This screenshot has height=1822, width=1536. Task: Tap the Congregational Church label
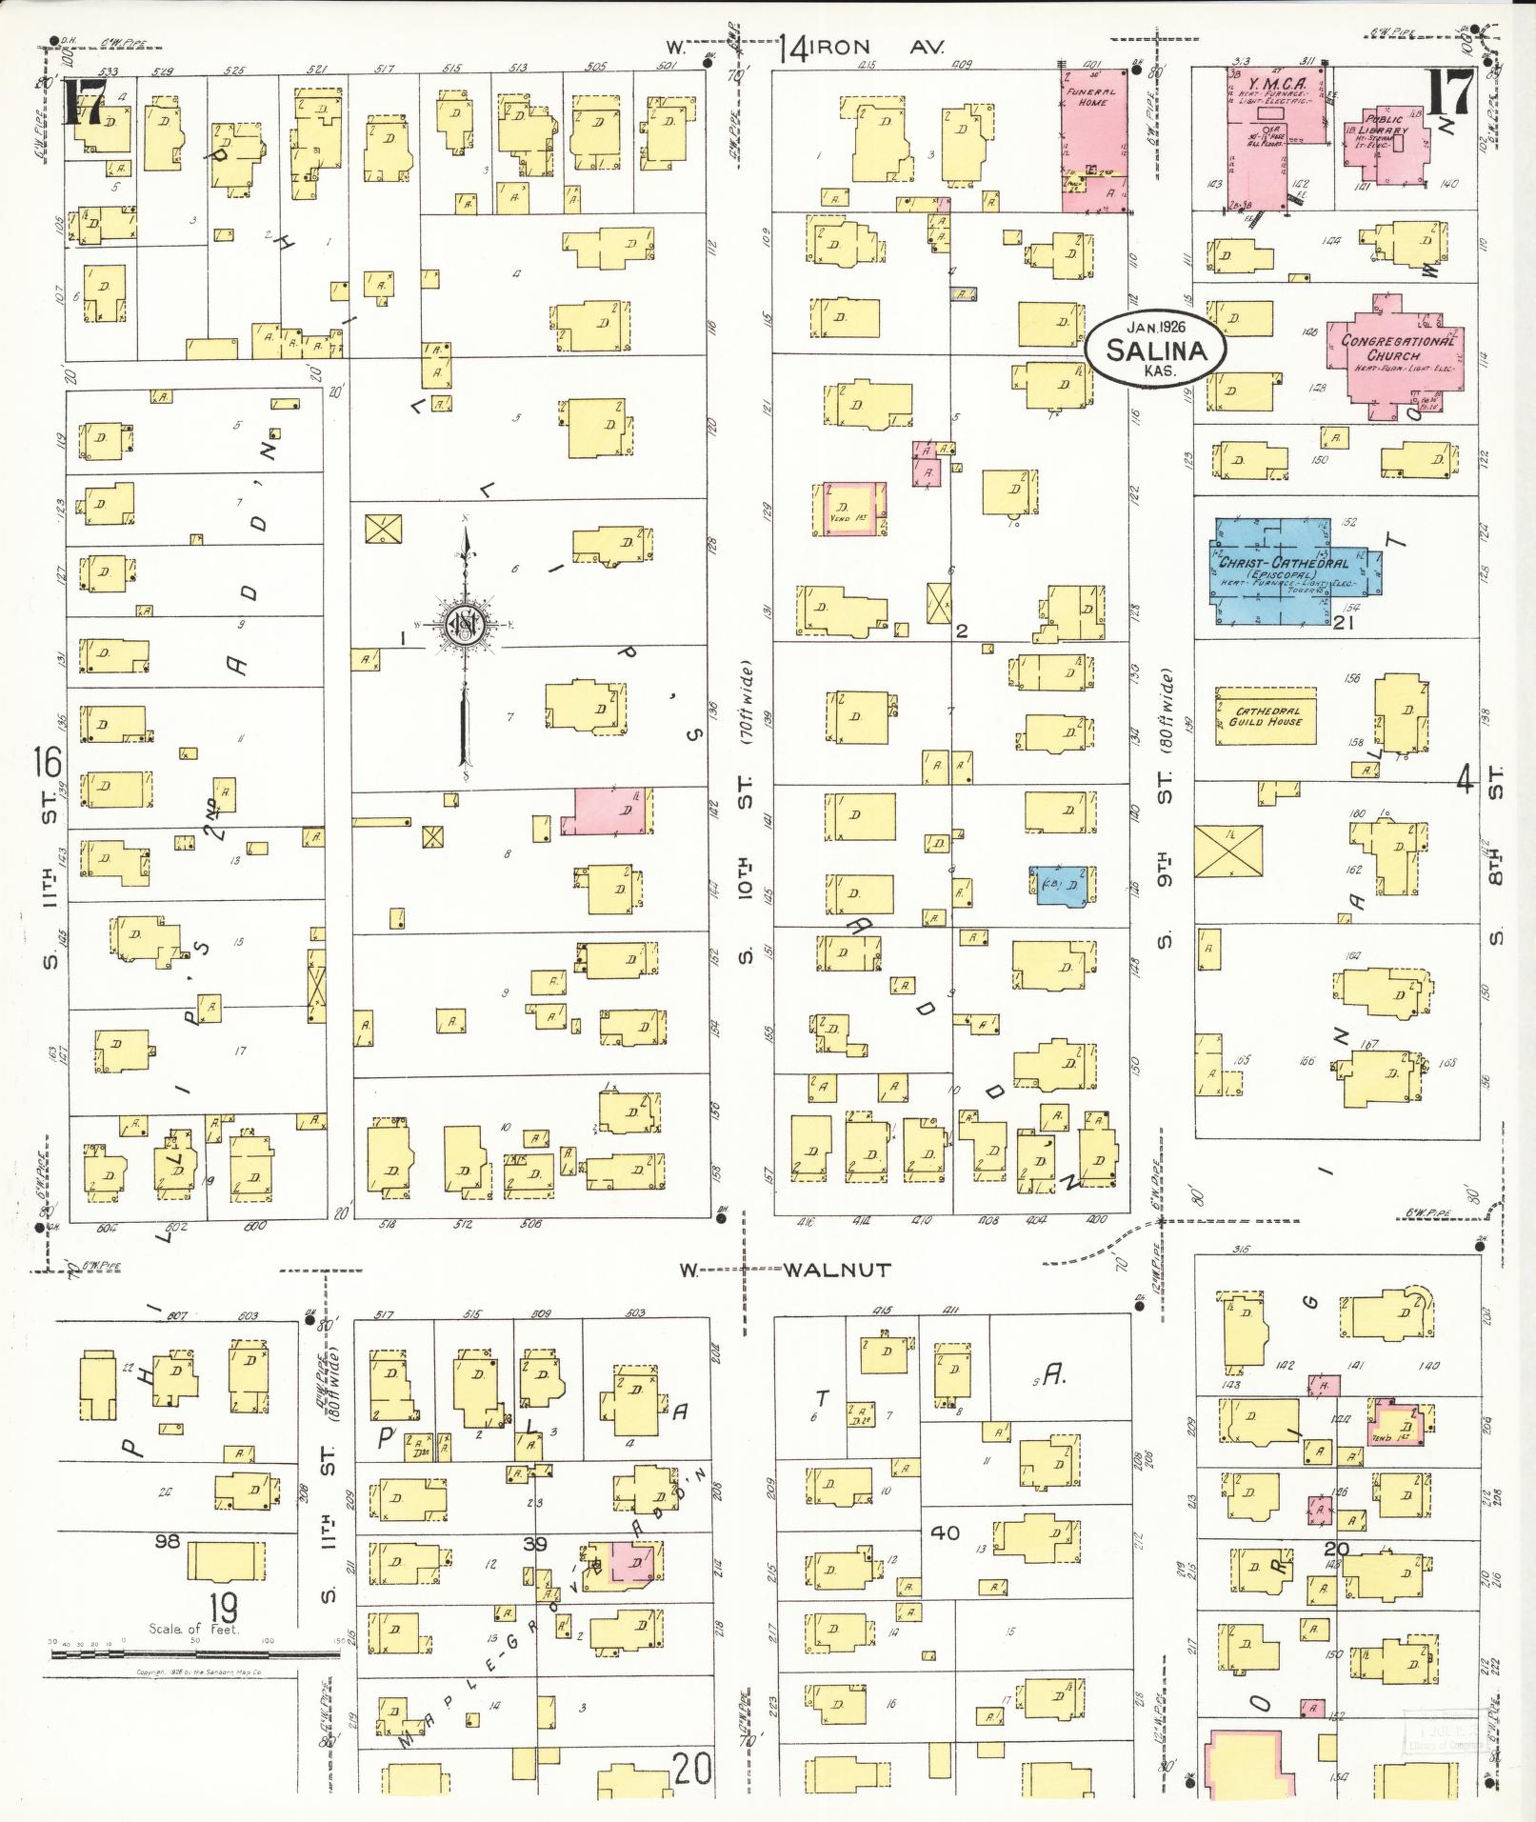pos(1398,348)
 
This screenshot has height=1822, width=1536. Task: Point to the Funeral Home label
pos(1092,95)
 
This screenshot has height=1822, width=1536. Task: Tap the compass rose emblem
pos(467,624)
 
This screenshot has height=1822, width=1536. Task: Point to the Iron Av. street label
pos(863,49)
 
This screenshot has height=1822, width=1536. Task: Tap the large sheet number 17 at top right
pos(1449,92)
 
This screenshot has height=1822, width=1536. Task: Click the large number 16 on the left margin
pos(48,762)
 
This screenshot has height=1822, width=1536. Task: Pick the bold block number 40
pos(945,1532)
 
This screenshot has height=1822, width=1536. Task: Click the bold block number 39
pos(535,1544)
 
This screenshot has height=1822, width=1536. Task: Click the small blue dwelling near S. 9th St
pos(1061,883)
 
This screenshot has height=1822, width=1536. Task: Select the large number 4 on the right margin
pos(1465,781)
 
